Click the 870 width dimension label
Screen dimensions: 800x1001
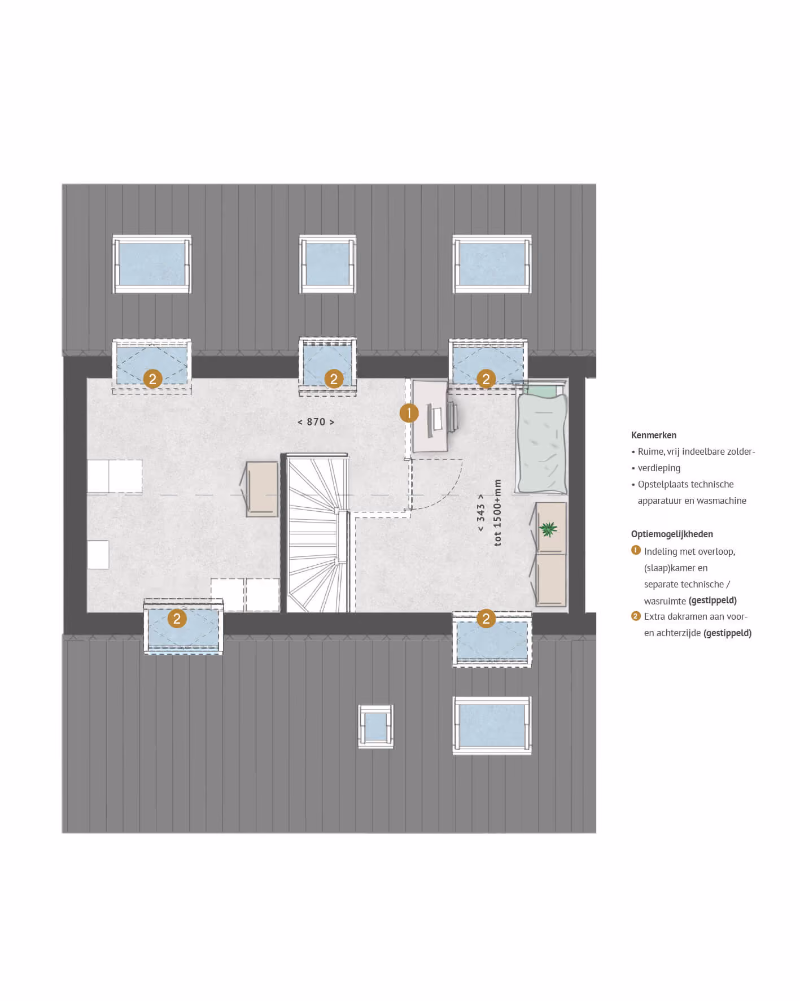click(x=316, y=422)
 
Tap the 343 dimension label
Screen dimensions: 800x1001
click(x=481, y=513)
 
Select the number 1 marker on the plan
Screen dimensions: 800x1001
click(x=409, y=413)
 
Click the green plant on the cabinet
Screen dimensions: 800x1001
click(x=548, y=529)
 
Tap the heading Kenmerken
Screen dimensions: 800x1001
click(x=654, y=436)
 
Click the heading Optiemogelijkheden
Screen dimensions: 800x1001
click(x=672, y=534)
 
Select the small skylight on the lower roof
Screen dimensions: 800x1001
click(x=375, y=727)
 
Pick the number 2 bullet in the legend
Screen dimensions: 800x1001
click(x=636, y=616)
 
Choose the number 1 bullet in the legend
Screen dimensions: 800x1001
click(x=636, y=550)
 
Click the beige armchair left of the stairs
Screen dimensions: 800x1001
click(x=261, y=489)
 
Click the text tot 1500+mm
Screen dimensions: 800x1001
click(x=497, y=512)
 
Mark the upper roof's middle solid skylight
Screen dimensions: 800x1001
click(x=327, y=264)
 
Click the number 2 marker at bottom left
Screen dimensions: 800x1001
click(x=177, y=619)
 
